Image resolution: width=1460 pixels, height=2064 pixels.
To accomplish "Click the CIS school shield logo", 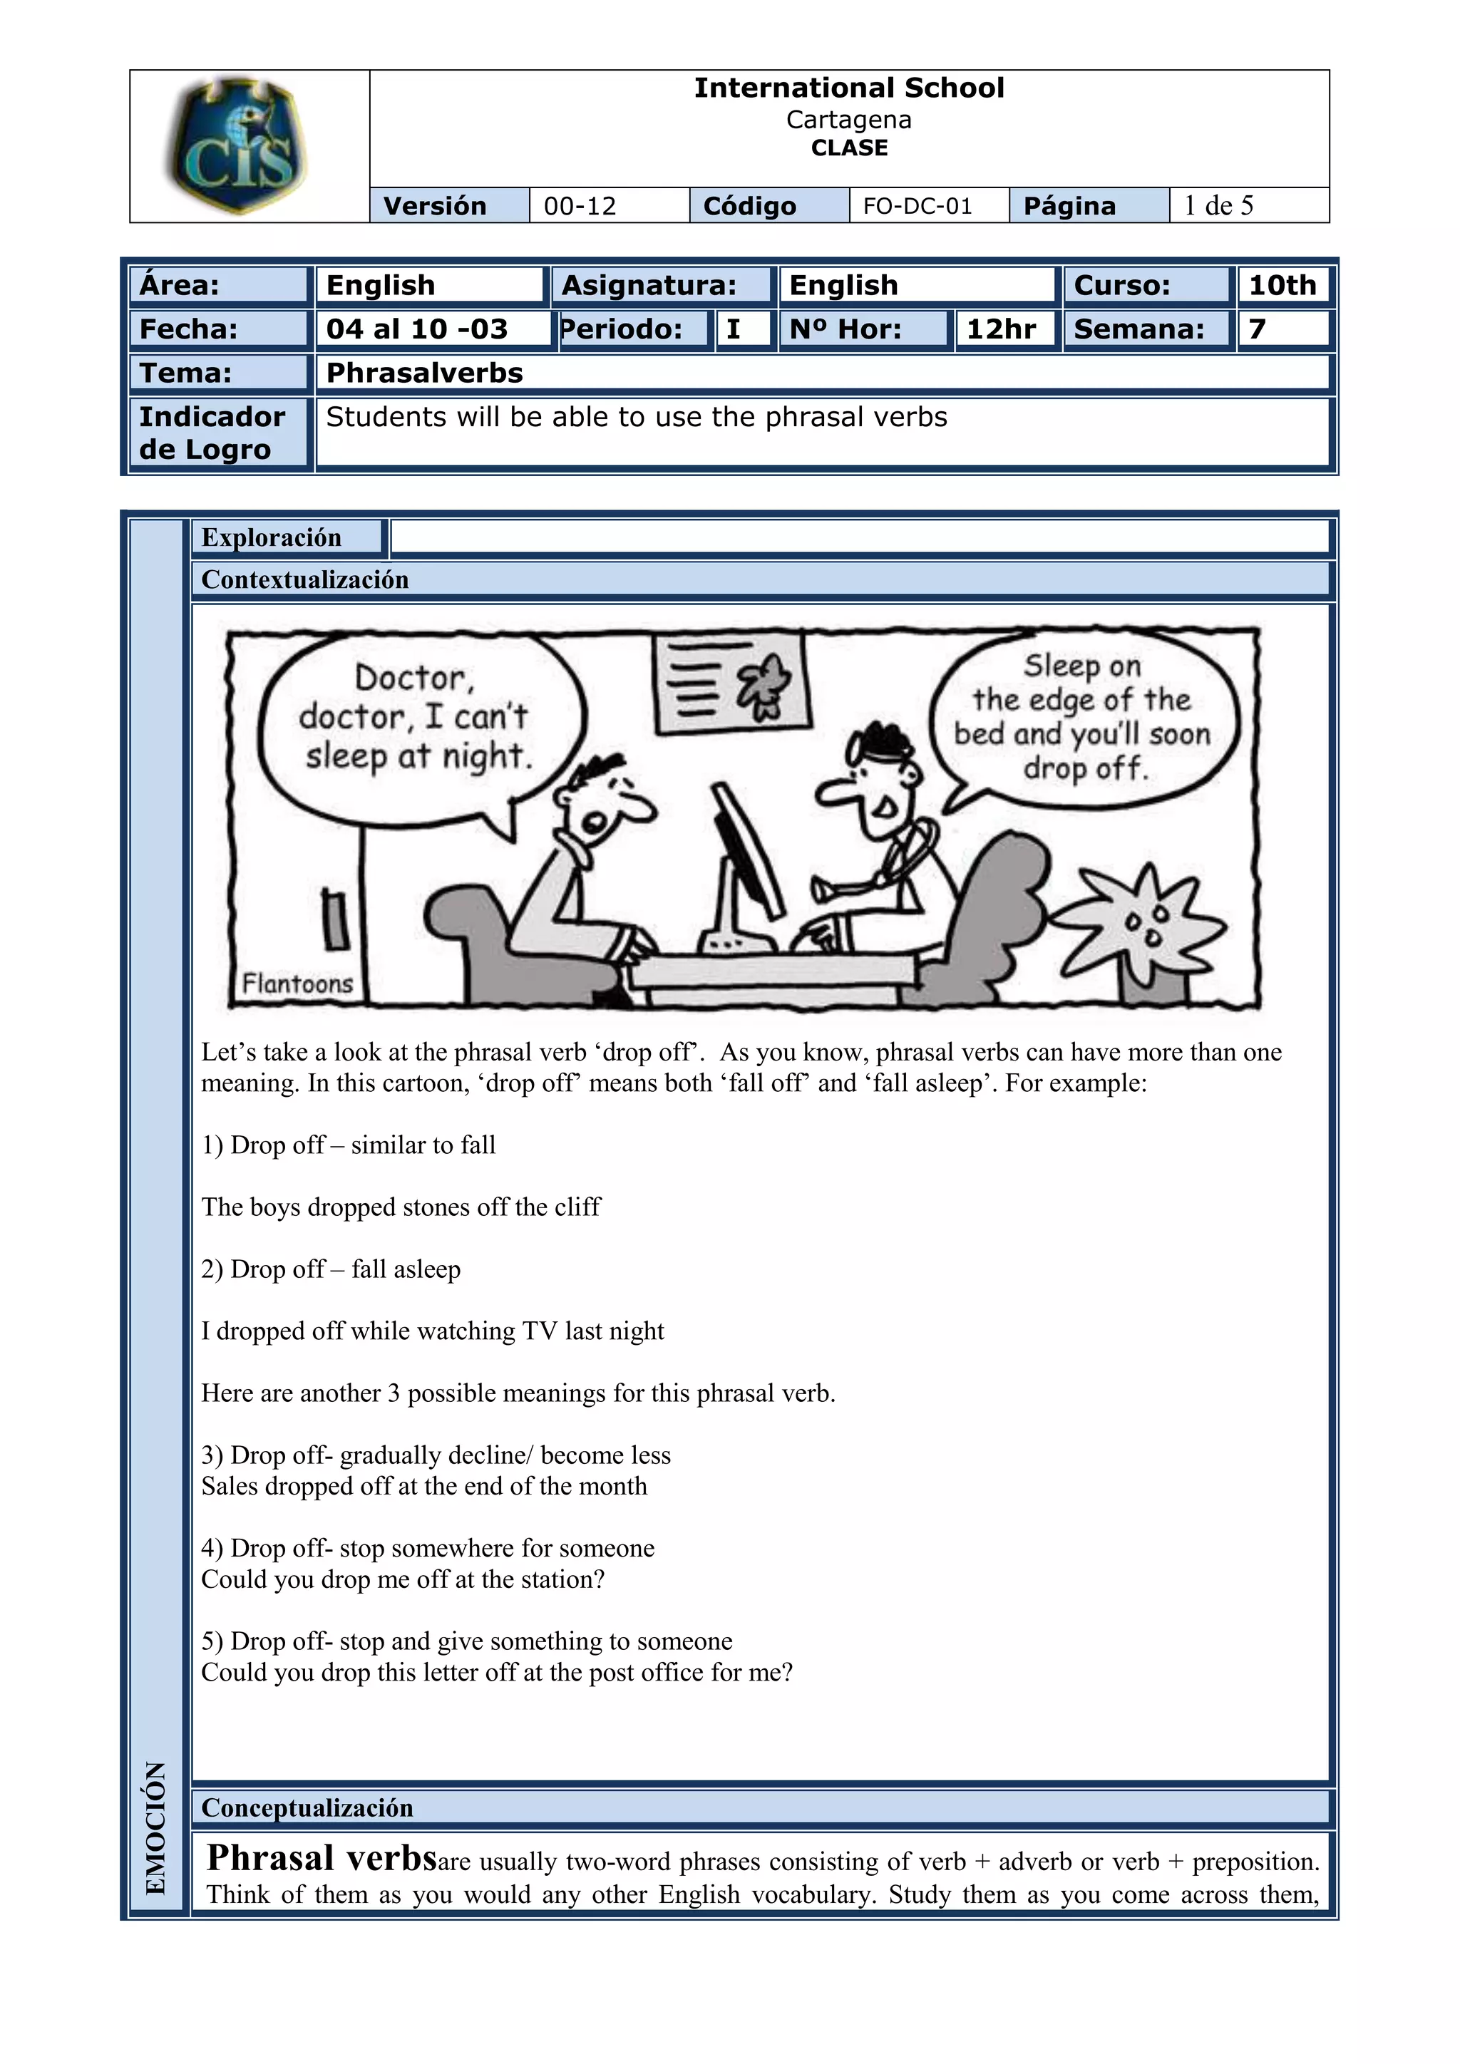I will tap(237, 145).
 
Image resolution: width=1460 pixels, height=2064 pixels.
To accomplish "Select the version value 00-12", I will tap(580, 206).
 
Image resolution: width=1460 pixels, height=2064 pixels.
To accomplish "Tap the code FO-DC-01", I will tap(917, 206).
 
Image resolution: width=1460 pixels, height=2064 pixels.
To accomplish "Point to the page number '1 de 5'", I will tap(1218, 206).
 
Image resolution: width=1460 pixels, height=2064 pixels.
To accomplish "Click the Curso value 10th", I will tap(1282, 285).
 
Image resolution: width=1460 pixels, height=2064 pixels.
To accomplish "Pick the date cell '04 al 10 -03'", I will tap(417, 329).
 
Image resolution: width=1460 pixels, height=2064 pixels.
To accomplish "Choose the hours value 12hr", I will tap(1001, 329).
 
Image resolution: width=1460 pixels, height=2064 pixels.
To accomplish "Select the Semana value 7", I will tap(1257, 329).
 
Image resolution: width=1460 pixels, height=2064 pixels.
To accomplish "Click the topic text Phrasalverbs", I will tap(424, 373).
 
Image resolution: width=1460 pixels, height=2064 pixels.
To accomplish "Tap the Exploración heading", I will tap(272, 537).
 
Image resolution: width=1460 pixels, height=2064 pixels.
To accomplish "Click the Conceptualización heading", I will tap(307, 1808).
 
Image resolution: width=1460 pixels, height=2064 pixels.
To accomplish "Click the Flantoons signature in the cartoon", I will tap(297, 984).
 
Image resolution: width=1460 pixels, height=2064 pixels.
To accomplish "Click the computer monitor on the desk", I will tap(746, 850).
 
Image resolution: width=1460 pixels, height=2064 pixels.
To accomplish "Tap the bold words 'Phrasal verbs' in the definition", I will tap(321, 1857).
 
